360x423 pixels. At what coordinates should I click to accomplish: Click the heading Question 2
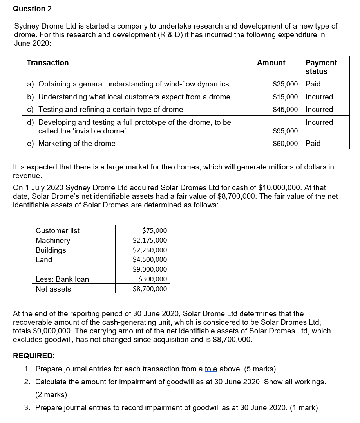[32, 9]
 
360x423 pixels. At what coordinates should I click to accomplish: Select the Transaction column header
[47, 63]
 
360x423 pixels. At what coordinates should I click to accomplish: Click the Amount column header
[271, 63]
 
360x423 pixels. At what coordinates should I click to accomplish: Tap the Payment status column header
[321, 67]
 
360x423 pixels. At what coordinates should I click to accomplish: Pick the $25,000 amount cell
[285, 84]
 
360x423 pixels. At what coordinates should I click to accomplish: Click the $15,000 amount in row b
[285, 97]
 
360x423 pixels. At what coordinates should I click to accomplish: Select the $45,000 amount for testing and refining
[285, 109]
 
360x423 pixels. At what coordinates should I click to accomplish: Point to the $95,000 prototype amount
[285, 131]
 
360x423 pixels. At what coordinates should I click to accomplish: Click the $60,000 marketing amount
[285, 143]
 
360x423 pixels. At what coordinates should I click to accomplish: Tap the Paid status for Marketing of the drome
[313, 143]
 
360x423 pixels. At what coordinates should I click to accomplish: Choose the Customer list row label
[58, 230]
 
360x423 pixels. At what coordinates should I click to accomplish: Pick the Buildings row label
[51, 250]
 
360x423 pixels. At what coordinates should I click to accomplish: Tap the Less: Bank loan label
[62, 279]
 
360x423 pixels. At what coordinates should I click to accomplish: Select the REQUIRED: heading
[34, 356]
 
